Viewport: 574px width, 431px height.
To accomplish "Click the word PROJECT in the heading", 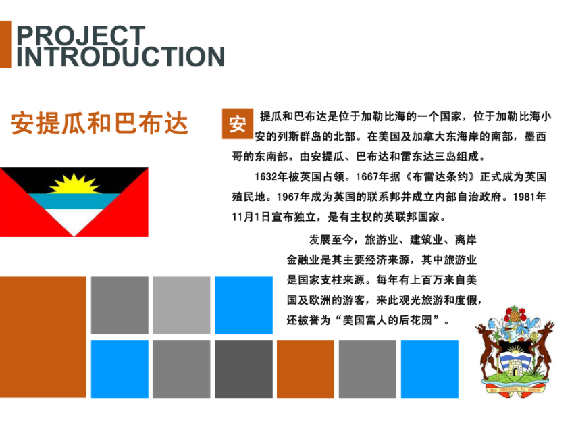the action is click(x=81, y=36).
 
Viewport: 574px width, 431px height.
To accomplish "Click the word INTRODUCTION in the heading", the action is click(x=120, y=56).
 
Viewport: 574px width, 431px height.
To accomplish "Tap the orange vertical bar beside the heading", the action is click(x=6, y=45).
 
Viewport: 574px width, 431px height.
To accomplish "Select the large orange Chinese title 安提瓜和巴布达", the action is click(x=99, y=123).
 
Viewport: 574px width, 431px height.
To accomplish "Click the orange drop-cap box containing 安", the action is click(x=238, y=124).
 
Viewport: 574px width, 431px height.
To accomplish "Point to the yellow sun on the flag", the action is click(x=75, y=184).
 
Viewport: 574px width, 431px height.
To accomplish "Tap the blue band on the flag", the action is click(x=74, y=201).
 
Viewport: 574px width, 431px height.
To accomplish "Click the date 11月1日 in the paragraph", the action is click(x=251, y=217).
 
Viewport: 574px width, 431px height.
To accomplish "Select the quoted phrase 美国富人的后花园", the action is click(x=388, y=320).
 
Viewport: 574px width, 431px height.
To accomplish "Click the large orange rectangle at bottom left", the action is click(x=43, y=337).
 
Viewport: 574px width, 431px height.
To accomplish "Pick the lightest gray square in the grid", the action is click(x=182, y=305).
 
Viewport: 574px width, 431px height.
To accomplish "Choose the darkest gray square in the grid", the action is click(x=244, y=369).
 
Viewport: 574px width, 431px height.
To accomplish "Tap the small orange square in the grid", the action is click(x=305, y=369).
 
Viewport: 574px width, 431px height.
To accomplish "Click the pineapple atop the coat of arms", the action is click(x=515, y=315).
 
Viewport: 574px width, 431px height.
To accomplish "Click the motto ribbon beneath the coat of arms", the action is click(x=515, y=388).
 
